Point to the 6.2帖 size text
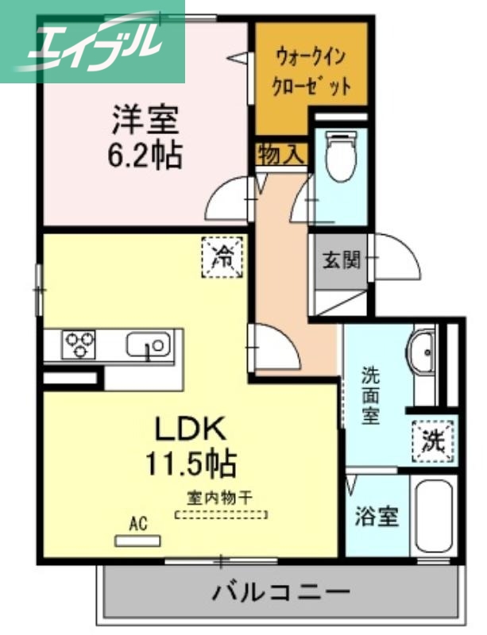[145, 156]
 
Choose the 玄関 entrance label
[341, 260]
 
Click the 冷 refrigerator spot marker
[223, 256]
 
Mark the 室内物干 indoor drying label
[220, 498]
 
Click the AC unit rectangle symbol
[137, 541]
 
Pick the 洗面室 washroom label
[370, 394]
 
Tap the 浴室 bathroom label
[375, 517]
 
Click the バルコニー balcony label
[280, 592]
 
